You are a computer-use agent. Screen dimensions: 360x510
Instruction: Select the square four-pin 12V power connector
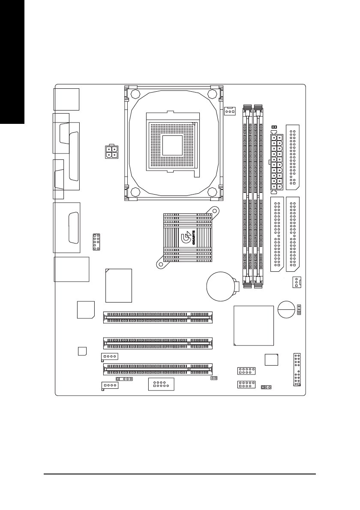coord(111,152)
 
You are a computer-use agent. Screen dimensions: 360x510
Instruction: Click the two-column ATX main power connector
coord(276,162)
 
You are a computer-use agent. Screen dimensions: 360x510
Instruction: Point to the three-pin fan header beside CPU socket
coord(230,111)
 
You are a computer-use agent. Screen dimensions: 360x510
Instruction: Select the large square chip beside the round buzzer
coord(254,325)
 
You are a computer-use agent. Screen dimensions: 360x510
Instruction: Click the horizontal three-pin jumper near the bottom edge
coord(267,387)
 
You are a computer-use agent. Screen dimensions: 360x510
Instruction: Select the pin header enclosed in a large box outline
coord(160,384)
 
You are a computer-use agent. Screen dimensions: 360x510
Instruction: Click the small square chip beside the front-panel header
coord(272,360)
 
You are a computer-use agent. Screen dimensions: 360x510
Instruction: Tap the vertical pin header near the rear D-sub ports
coord(96,242)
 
